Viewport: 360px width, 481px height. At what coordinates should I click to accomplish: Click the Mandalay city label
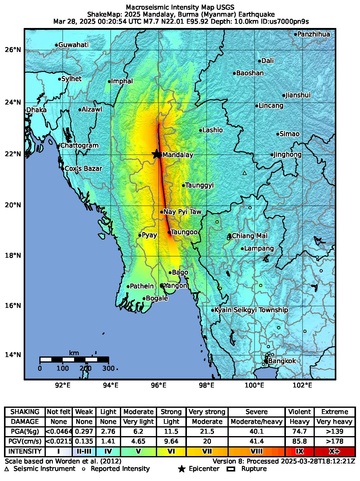(x=177, y=157)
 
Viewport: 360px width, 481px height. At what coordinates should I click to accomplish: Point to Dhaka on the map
(x=36, y=110)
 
